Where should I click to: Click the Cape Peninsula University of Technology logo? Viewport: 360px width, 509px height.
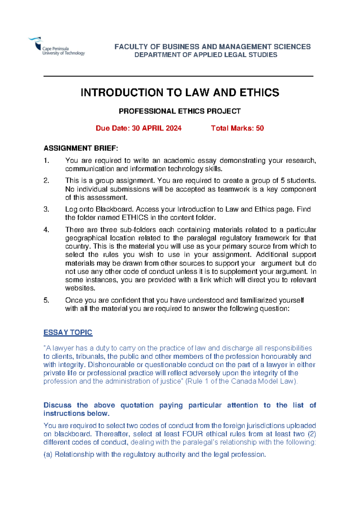[x=56, y=47]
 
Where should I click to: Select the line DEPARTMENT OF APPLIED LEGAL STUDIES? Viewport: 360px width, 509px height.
[x=205, y=55]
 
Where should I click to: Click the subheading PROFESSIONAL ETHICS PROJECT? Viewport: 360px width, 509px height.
[x=179, y=111]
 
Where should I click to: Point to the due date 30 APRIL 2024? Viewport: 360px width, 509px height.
[x=157, y=128]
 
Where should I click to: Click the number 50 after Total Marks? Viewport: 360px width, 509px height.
[x=260, y=128]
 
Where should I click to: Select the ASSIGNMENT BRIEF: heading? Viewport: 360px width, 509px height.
[x=81, y=148]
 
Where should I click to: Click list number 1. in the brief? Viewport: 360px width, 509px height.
[x=46, y=161]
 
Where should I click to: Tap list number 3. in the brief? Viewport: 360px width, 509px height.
[x=46, y=209]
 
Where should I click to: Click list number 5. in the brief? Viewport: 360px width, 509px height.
[x=46, y=300]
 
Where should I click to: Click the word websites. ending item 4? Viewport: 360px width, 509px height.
[x=80, y=288]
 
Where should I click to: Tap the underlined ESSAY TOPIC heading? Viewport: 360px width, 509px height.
[x=68, y=333]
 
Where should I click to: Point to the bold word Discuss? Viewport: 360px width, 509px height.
[x=57, y=405]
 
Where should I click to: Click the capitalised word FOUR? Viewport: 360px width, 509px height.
[x=192, y=434]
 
